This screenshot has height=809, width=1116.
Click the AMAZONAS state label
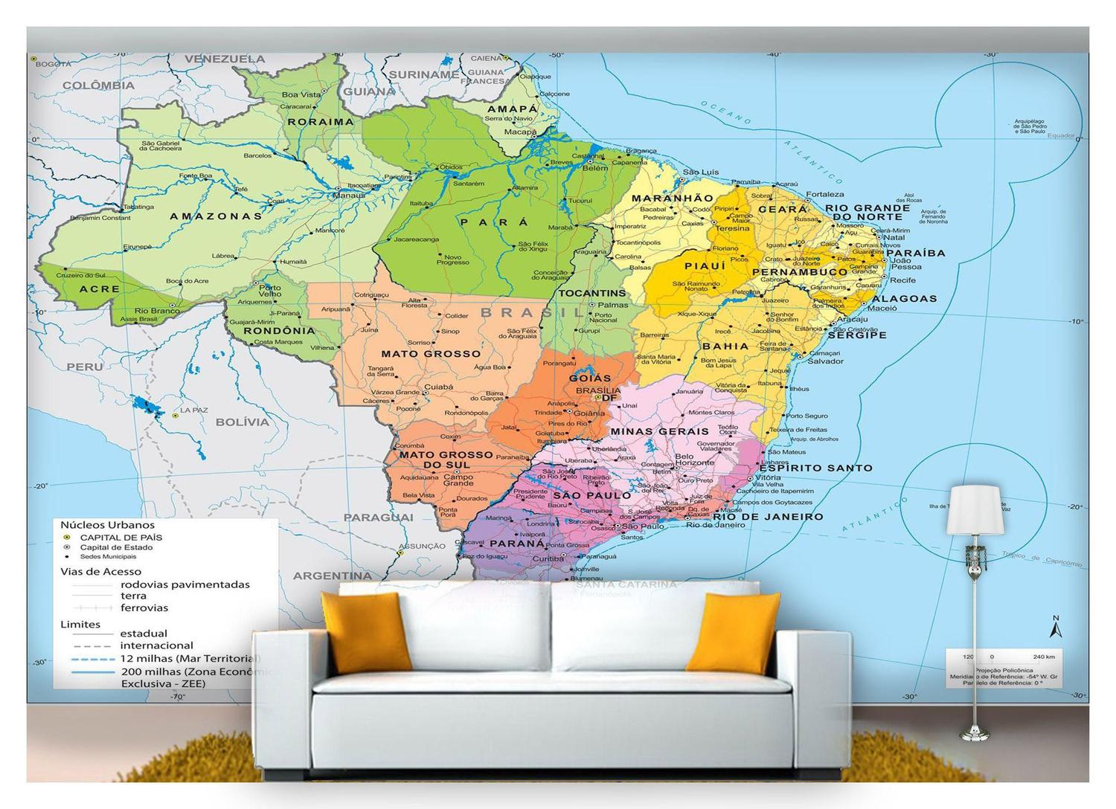pos(216,216)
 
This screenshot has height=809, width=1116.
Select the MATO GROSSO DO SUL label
pos(446,460)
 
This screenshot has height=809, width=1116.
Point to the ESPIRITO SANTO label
pos(815,468)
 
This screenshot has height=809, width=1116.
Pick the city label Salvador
pos(825,361)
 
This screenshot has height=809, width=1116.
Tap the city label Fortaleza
pos(824,194)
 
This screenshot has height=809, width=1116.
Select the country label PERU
pos(85,367)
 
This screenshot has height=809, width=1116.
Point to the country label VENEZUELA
pos(225,59)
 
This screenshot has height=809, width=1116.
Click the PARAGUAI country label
pos(378,517)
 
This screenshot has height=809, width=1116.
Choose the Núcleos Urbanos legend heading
pos(107,525)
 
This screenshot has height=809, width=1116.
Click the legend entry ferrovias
pos(144,607)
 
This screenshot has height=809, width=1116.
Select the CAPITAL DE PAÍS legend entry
pos(121,537)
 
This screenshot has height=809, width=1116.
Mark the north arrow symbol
pos(1054,628)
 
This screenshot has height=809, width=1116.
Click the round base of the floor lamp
pos(974,735)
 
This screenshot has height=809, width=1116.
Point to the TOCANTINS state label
pos(592,293)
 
